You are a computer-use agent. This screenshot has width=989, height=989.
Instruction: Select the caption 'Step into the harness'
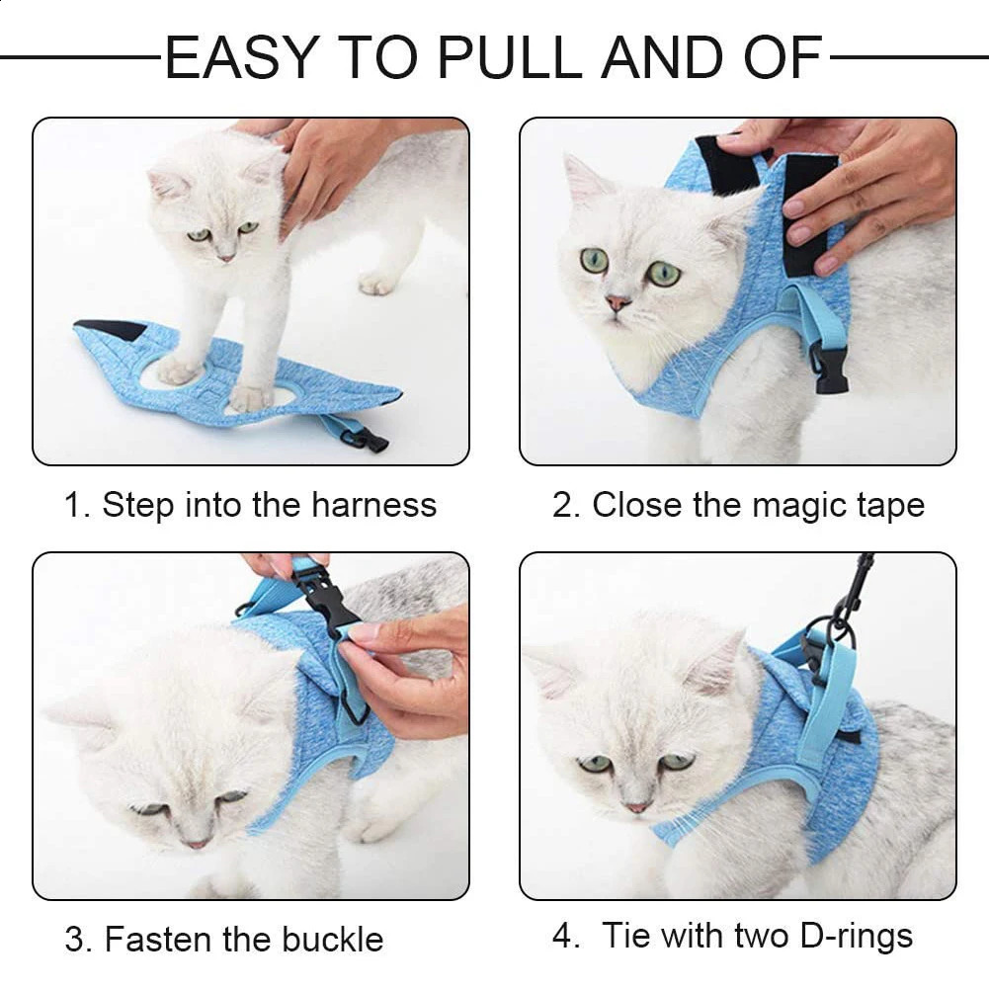click(x=269, y=505)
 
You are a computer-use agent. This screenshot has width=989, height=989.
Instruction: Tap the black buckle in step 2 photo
click(x=830, y=371)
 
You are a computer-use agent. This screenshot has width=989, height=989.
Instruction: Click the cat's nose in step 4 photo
click(x=637, y=807)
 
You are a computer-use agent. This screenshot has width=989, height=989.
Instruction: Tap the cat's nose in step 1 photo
click(x=227, y=257)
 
